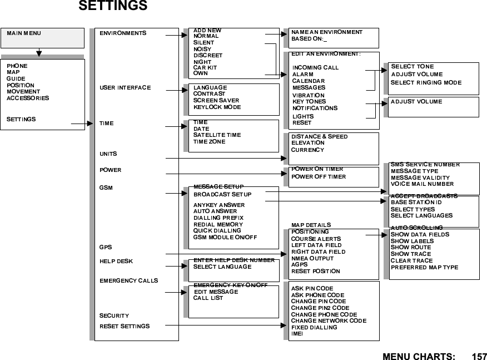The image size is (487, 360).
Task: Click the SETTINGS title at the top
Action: click(113, 7)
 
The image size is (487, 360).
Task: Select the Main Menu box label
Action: click(24, 33)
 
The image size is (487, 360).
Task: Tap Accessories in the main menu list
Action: click(28, 98)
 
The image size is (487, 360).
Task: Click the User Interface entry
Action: click(125, 88)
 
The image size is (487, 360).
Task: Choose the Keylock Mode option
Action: click(217, 107)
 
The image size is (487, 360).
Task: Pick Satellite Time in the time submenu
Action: click(217, 135)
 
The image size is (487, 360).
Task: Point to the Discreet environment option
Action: click(208, 56)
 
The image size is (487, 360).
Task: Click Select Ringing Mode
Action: click(426, 83)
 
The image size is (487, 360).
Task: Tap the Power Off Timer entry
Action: click(319, 177)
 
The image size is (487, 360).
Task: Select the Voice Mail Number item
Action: click(422, 184)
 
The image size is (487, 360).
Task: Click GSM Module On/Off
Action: click(225, 237)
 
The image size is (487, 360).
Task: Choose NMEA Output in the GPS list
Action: click(312, 258)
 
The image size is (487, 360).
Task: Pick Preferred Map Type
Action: click(424, 268)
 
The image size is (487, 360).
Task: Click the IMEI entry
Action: click(297, 334)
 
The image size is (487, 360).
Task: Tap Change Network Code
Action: click(329, 321)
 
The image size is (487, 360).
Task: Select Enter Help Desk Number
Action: click(234, 260)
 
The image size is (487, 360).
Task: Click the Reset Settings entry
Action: click(125, 326)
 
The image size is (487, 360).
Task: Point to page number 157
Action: click(479, 355)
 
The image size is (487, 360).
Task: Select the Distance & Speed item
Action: click(320, 136)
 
